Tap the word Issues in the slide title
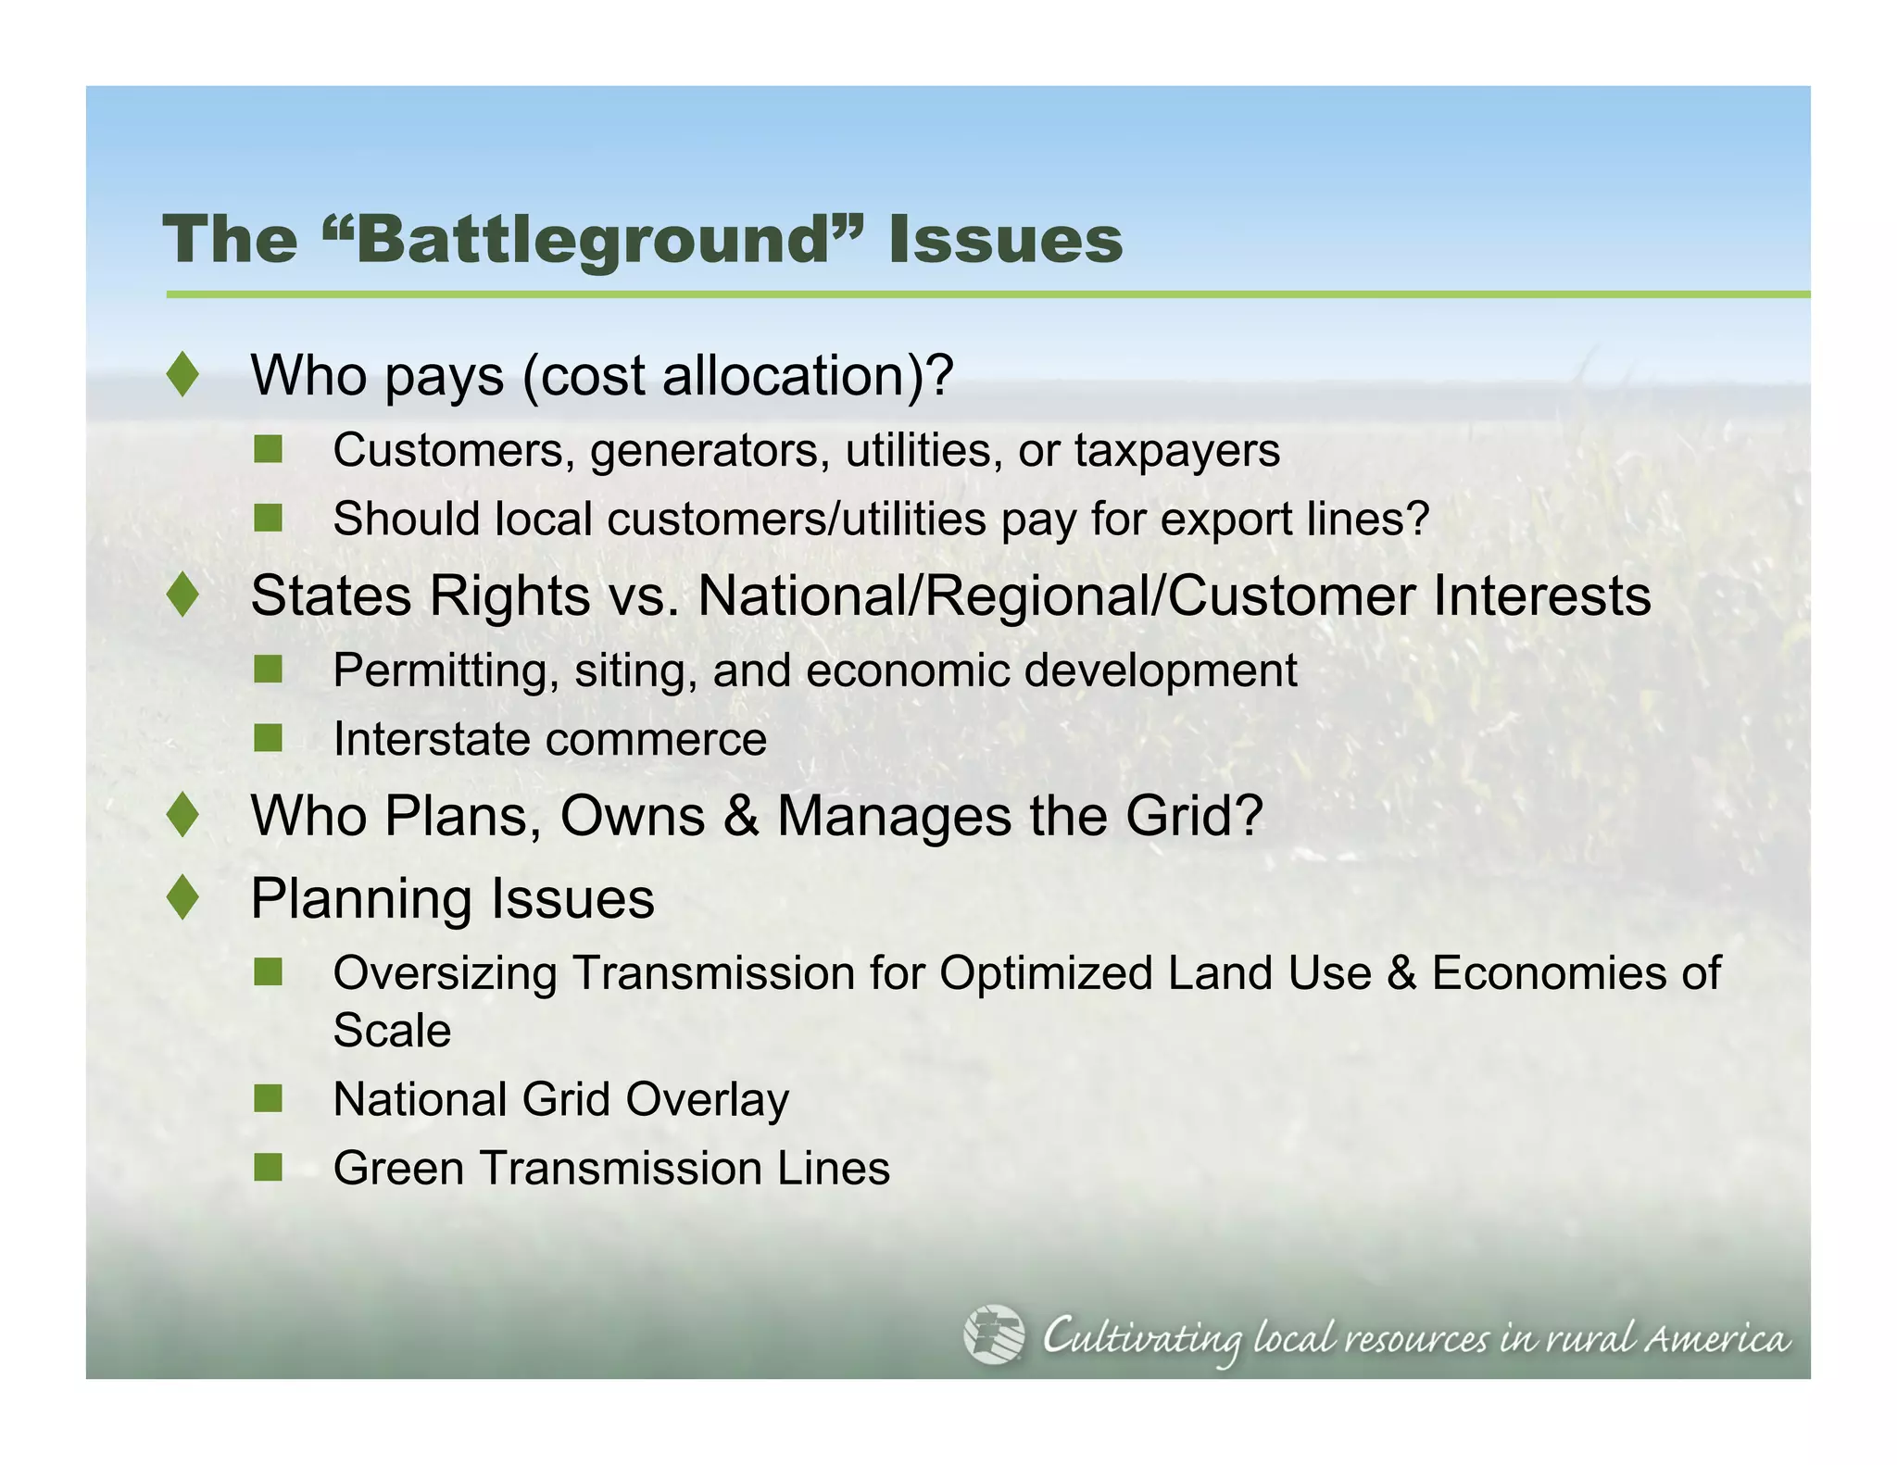tap(1005, 241)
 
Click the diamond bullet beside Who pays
tap(183, 375)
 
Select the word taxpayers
tap(1176, 452)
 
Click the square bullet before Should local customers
tap(268, 519)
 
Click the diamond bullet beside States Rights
tap(183, 595)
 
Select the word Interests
tap(1541, 595)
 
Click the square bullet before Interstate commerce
tap(268, 738)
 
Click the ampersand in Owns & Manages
tap(741, 816)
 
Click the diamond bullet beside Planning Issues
tap(183, 897)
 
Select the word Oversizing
tap(445, 974)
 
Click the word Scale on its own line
tap(392, 1031)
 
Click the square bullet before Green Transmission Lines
tap(268, 1167)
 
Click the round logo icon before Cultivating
tap(993, 1334)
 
